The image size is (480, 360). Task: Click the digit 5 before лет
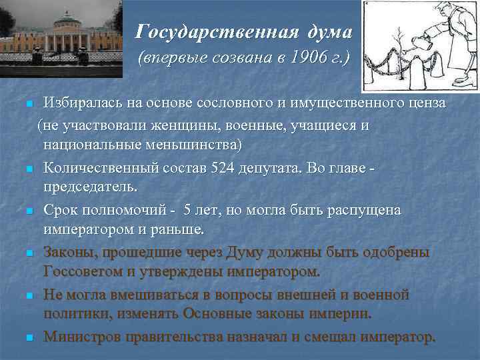click(188, 210)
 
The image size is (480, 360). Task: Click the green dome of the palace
click(67, 15)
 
